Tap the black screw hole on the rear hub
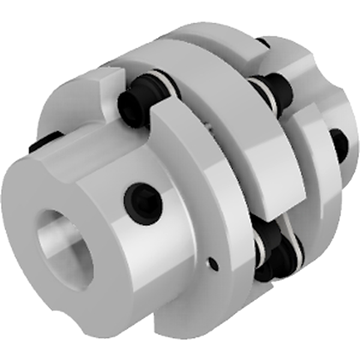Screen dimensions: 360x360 pos(339,144)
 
